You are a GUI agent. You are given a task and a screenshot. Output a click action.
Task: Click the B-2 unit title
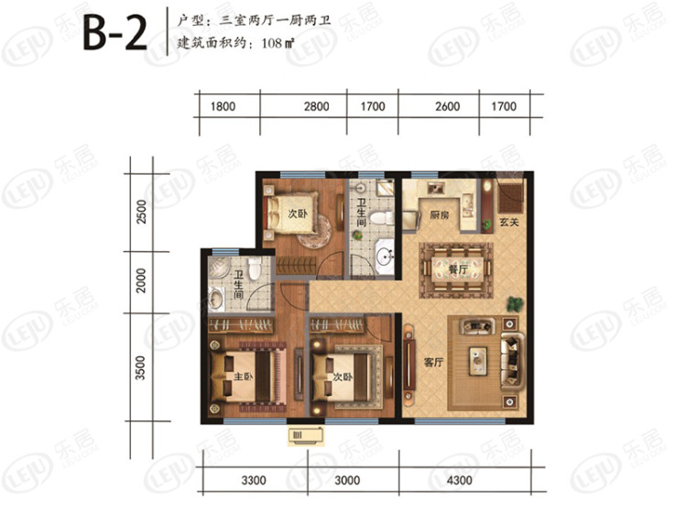(115, 33)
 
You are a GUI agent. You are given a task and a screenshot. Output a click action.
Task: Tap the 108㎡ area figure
(277, 43)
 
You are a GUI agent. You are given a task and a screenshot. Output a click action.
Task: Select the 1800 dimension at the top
(223, 106)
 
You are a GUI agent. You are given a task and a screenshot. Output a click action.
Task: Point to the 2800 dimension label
(316, 106)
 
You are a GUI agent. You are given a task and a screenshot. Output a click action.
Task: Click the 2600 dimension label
(447, 106)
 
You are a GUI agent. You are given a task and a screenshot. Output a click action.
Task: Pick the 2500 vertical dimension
(142, 212)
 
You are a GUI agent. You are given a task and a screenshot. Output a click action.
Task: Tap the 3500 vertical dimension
(140, 368)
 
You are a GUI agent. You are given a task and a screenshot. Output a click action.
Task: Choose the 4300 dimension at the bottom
(460, 480)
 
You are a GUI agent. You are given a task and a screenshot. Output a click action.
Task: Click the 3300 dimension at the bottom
(254, 480)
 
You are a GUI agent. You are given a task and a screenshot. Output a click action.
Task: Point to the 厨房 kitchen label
(439, 214)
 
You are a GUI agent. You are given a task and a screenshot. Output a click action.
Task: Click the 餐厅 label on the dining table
(458, 269)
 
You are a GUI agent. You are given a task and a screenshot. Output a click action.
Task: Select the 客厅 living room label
(433, 362)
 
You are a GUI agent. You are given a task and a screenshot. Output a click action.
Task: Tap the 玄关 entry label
(509, 223)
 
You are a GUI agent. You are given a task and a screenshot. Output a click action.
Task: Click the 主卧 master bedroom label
(244, 377)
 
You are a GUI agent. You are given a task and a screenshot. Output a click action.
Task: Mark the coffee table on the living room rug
(478, 361)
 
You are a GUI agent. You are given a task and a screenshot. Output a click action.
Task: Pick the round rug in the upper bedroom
(314, 231)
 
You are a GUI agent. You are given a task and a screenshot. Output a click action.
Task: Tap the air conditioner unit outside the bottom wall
(306, 436)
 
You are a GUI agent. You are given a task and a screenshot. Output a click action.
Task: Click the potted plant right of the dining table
(514, 304)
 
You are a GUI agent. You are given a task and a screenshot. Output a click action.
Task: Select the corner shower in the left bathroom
(219, 268)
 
